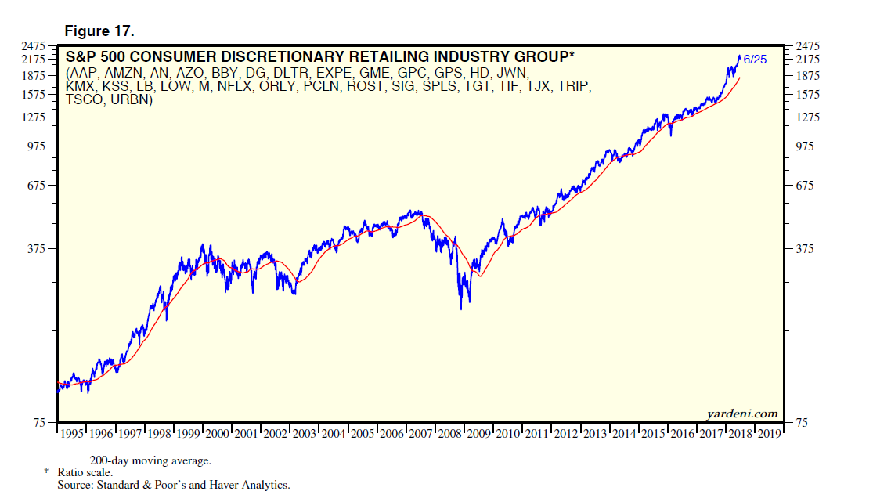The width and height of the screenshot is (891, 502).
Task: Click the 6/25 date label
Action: (755, 60)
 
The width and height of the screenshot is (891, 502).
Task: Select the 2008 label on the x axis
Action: (449, 433)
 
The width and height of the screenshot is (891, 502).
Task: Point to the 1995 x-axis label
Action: (72, 433)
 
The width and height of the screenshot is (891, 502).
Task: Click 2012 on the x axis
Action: (565, 433)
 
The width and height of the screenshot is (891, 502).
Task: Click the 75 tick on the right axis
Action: (803, 423)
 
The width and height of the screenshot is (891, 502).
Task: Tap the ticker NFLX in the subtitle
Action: (233, 86)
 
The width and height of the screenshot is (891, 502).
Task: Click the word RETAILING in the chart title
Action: (340, 57)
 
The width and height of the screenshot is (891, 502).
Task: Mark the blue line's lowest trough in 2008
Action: (461, 309)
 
